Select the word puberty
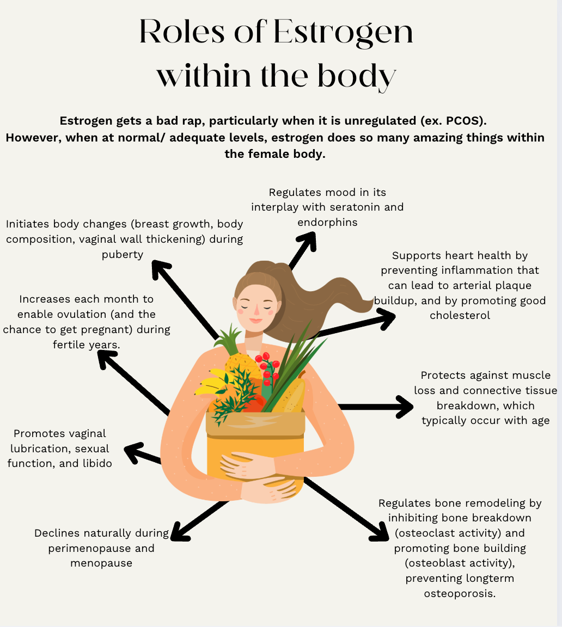point(123,254)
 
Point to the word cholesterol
point(460,315)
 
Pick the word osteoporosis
point(460,593)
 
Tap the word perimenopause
point(101,548)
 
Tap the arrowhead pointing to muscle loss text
point(404,407)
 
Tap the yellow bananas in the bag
point(214,382)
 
